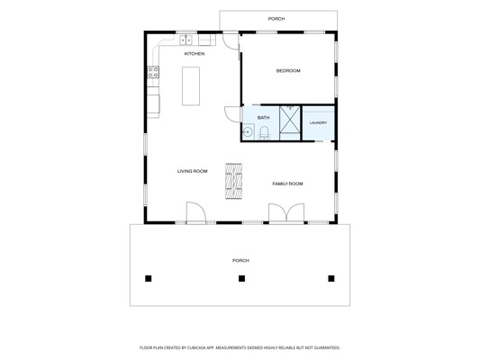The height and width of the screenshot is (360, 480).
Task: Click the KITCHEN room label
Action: [x=195, y=54]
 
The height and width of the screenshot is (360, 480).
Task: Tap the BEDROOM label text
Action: [x=288, y=71]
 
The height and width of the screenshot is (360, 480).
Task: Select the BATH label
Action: [x=263, y=118]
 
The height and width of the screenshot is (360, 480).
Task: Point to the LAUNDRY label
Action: [x=318, y=122]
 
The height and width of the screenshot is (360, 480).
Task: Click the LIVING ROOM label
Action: [x=192, y=171]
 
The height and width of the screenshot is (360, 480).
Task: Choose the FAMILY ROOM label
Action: [x=287, y=184]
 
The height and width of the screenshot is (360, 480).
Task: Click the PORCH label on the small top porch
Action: [x=276, y=19]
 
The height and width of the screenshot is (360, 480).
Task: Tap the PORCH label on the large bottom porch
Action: [x=240, y=260]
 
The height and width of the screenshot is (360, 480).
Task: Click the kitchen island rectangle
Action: [x=191, y=86]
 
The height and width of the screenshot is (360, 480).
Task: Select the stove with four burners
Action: [x=153, y=72]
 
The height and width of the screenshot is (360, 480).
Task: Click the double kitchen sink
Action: [x=186, y=40]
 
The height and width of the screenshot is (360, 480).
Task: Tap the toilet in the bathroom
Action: [x=264, y=133]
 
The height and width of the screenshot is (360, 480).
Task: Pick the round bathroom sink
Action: [x=247, y=132]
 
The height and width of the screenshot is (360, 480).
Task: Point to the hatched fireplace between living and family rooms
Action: [x=233, y=181]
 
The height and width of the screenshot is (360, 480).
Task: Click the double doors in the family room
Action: [x=286, y=212]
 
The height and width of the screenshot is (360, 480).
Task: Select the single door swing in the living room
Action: [x=196, y=211]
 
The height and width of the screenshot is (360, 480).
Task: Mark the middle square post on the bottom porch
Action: [x=241, y=278]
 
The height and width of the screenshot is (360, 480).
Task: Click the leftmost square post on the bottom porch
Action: [x=149, y=278]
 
